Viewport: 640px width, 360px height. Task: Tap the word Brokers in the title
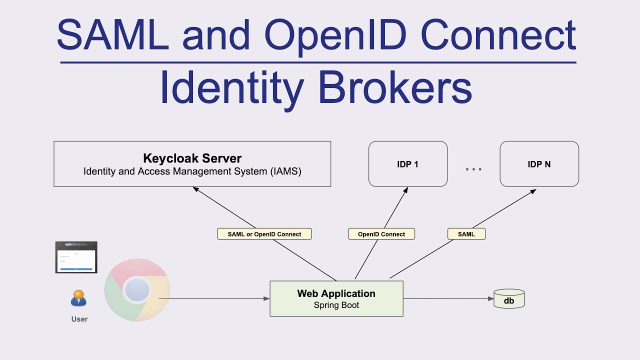pyautogui.click(x=395, y=88)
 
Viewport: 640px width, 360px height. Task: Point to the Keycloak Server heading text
pyautogui.click(x=192, y=158)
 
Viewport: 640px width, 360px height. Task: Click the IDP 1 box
pyautogui.click(x=407, y=164)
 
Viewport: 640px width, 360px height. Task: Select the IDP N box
pyautogui.click(x=539, y=164)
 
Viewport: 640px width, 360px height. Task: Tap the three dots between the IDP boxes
pyautogui.click(x=473, y=169)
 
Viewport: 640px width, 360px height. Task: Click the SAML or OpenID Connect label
pyautogui.click(x=264, y=234)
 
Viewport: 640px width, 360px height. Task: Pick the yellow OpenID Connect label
pyautogui.click(x=381, y=234)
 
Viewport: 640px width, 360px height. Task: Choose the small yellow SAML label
pyautogui.click(x=466, y=234)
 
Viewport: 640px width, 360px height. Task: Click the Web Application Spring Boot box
pyautogui.click(x=336, y=298)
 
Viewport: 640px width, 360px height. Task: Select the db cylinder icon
pyautogui.click(x=509, y=299)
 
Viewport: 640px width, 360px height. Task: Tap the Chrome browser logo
pyautogui.click(x=137, y=290)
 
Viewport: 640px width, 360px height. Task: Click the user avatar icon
pyautogui.click(x=78, y=298)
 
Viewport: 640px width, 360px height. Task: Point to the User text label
pyautogui.click(x=79, y=319)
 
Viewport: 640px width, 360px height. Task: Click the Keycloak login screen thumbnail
pyautogui.click(x=76, y=257)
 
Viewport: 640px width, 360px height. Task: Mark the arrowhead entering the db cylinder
pyautogui.click(x=491, y=299)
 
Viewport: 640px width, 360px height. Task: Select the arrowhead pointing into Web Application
pyautogui.click(x=266, y=299)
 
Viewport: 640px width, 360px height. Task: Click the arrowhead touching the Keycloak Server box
pyautogui.click(x=195, y=189)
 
